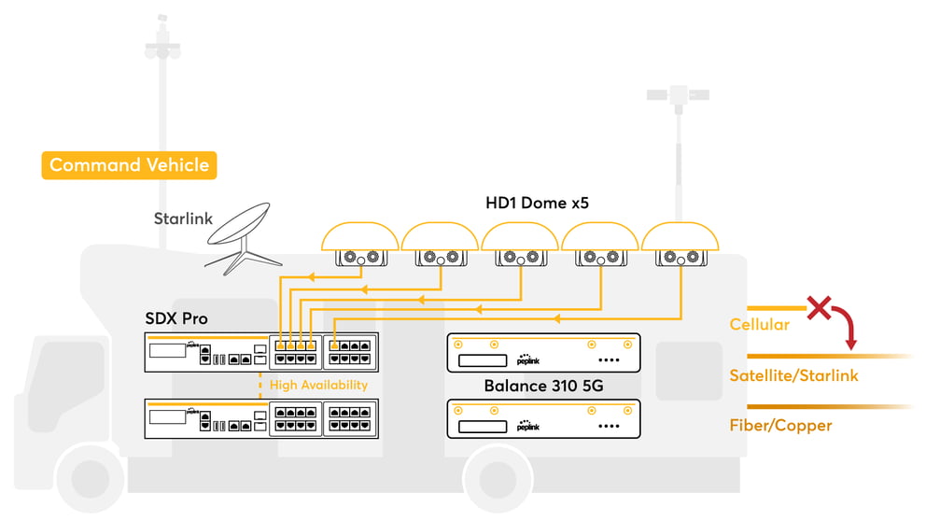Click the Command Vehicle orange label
[x=129, y=165]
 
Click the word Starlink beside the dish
[x=183, y=218]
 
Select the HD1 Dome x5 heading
[x=537, y=204]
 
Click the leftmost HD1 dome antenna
[x=360, y=244]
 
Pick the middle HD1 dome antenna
[x=520, y=244]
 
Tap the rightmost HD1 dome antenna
[x=680, y=244]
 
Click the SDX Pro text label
[x=176, y=318]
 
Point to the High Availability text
[x=318, y=385]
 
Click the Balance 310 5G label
[x=543, y=386]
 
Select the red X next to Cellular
[x=819, y=308]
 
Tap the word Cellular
[x=760, y=324]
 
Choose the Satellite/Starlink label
[x=793, y=375]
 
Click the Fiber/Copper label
[x=780, y=426]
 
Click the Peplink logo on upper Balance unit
[x=528, y=359]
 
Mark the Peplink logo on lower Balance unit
[x=528, y=426]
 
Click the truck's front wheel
[x=90, y=478]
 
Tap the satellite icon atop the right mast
[x=678, y=95]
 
